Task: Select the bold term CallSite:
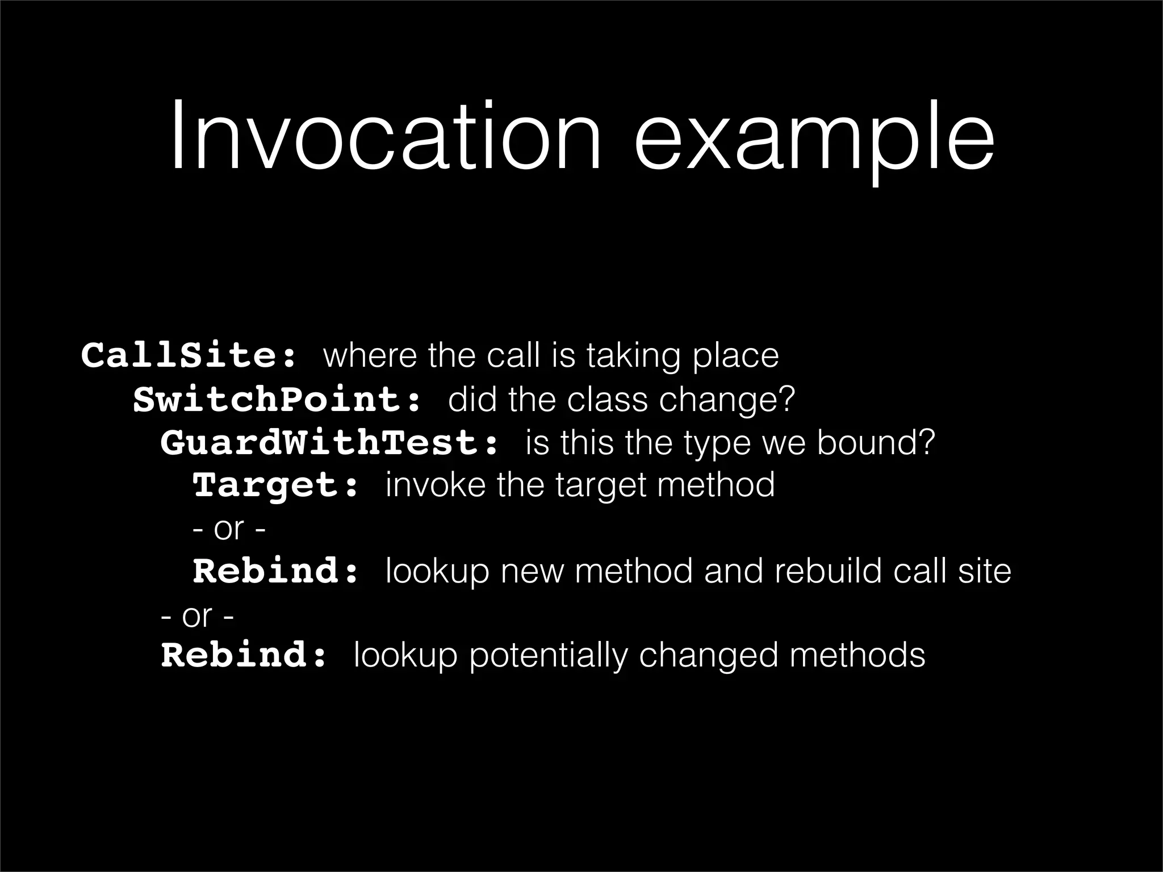click(x=189, y=355)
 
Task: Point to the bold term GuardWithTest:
click(x=329, y=443)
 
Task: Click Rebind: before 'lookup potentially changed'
click(x=245, y=655)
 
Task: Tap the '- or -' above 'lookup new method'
click(x=229, y=529)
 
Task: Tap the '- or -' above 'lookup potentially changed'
click(x=197, y=615)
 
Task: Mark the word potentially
click(x=548, y=656)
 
